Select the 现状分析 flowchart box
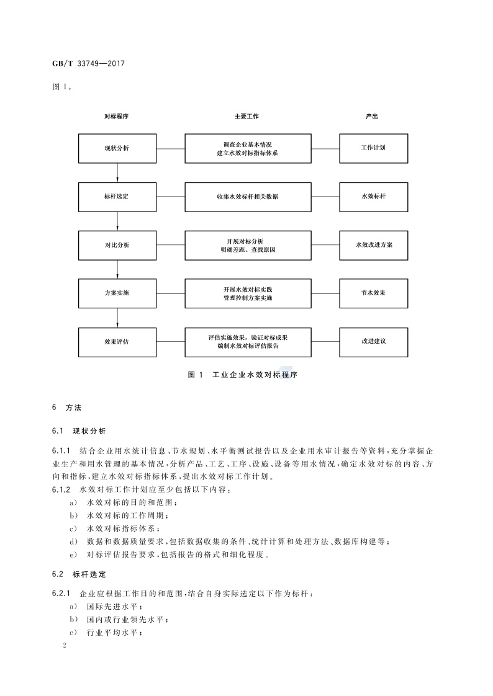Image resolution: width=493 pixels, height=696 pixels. (117, 148)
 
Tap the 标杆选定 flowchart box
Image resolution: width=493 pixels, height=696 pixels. (117, 196)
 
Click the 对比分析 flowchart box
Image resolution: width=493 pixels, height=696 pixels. (117, 245)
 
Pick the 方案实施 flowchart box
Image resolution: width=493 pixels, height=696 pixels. (117, 293)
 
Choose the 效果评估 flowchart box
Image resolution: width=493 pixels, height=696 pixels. (117, 341)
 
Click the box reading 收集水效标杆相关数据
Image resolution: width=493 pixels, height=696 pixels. (248, 196)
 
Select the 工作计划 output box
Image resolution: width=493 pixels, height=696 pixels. (373, 148)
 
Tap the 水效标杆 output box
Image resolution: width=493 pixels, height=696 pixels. (373, 196)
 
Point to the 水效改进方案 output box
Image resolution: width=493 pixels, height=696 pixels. (373, 245)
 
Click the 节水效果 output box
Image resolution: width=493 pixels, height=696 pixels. (373, 293)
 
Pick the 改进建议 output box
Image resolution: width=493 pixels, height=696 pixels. (373, 341)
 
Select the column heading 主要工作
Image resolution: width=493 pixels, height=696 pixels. (246, 116)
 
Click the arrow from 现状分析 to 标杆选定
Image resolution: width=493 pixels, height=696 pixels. (117, 172)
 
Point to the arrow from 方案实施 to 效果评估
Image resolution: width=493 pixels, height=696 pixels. (117, 318)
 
